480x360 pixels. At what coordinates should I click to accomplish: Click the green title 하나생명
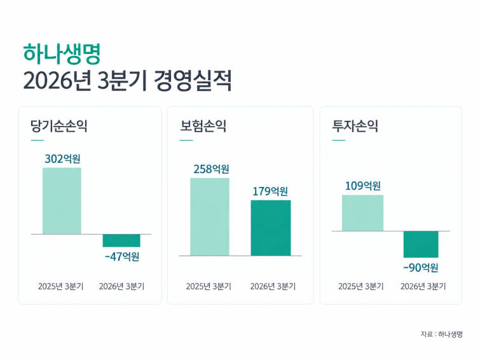pyautogui.click(x=62, y=54)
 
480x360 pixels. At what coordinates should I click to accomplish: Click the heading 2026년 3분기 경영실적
pyautogui.click(x=127, y=81)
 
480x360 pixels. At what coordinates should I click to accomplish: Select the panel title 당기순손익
pyautogui.click(x=58, y=126)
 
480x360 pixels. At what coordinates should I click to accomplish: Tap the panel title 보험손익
pyautogui.click(x=203, y=126)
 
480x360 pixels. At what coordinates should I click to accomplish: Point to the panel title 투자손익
pyautogui.click(x=355, y=126)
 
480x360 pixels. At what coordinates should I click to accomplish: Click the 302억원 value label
pyautogui.click(x=62, y=159)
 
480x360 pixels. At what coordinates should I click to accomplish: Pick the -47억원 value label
pyautogui.click(x=122, y=256)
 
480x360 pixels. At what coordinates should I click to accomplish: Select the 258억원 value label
pyautogui.click(x=211, y=169)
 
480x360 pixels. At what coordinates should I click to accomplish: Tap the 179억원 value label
pyautogui.click(x=270, y=191)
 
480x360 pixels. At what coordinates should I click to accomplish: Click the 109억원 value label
pyautogui.click(x=363, y=186)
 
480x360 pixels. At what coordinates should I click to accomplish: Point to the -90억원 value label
pyautogui.click(x=421, y=268)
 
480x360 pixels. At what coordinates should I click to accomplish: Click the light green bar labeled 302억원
pyautogui.click(x=62, y=201)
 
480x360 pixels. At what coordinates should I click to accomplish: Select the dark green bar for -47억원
pyautogui.click(x=121, y=240)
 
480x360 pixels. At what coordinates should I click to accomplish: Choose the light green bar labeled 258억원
pyautogui.click(x=210, y=217)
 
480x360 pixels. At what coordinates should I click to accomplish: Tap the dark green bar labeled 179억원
pyautogui.click(x=271, y=228)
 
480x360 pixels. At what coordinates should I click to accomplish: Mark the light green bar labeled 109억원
pyautogui.click(x=363, y=213)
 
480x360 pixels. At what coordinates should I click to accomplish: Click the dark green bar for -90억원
pyautogui.click(x=421, y=244)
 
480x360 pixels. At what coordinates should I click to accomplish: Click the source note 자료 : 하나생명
pyautogui.click(x=441, y=334)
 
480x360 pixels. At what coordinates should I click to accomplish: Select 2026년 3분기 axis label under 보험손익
pyautogui.click(x=273, y=286)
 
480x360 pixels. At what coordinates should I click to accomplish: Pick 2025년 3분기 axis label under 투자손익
pyautogui.click(x=361, y=286)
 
